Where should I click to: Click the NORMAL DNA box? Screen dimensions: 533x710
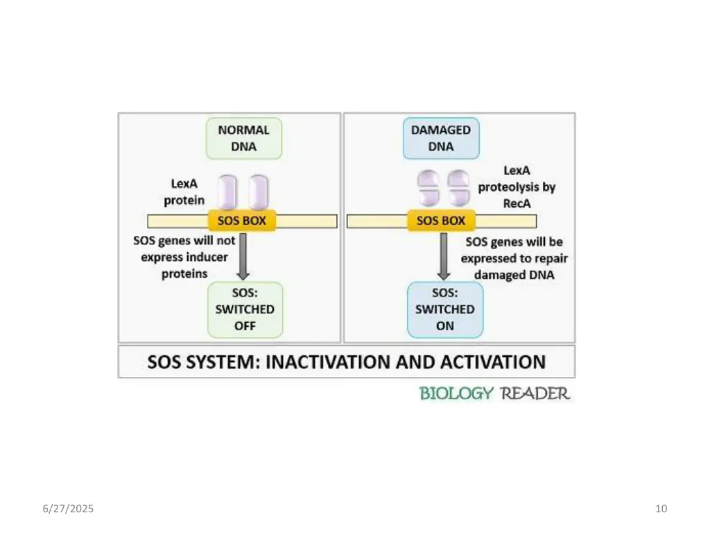pyautogui.click(x=244, y=138)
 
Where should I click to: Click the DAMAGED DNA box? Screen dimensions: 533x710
pyautogui.click(x=441, y=138)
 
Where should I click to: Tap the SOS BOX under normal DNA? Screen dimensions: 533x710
pyautogui.click(x=242, y=221)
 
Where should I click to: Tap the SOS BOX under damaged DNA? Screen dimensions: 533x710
pyautogui.click(x=441, y=221)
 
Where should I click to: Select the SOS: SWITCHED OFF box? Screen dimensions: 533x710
pyautogui.click(x=245, y=310)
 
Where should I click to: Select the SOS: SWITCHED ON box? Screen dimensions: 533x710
pyautogui.click(x=444, y=310)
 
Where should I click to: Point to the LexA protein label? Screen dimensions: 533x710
pyautogui.click(x=184, y=192)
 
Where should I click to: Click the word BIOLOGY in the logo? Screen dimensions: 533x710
pyautogui.click(x=456, y=394)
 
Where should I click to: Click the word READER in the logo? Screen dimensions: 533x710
pyautogui.click(x=535, y=394)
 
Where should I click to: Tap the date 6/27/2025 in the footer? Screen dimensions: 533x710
pyautogui.click(x=68, y=509)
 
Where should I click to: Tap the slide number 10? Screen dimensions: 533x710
pyautogui.click(x=661, y=509)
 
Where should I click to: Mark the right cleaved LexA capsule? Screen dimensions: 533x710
pyautogui.click(x=458, y=189)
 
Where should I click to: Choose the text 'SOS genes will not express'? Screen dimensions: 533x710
pyautogui.click(x=184, y=249)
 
